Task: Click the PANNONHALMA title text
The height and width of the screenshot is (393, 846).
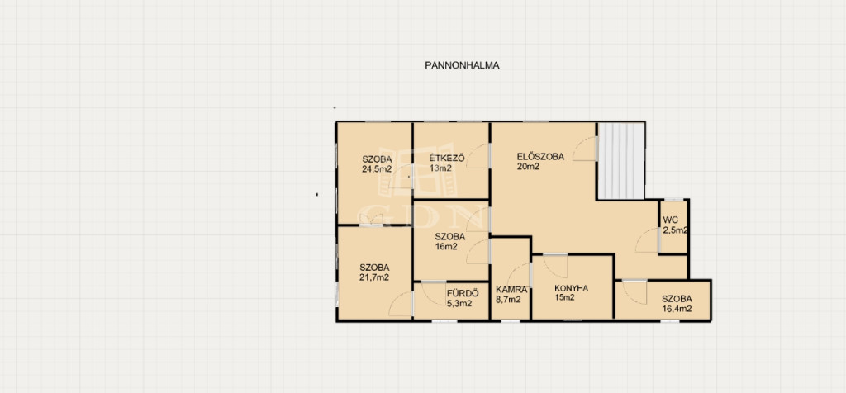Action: click(x=462, y=66)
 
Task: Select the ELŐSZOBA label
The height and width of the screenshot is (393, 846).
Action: click(x=540, y=157)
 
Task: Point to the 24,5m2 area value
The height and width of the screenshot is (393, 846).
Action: click(x=377, y=168)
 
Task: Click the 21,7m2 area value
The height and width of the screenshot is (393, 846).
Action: click(x=374, y=277)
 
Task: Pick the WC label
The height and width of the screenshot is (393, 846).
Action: click(x=671, y=220)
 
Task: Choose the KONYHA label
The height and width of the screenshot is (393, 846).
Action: click(x=572, y=288)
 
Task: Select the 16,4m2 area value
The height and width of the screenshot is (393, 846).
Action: click(x=677, y=309)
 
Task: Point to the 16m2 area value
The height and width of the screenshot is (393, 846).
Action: click(x=447, y=247)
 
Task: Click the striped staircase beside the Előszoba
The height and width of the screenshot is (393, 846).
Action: click(x=621, y=161)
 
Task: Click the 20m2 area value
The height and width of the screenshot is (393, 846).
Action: click(x=528, y=167)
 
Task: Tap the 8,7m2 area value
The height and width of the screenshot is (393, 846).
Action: click(x=508, y=300)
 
